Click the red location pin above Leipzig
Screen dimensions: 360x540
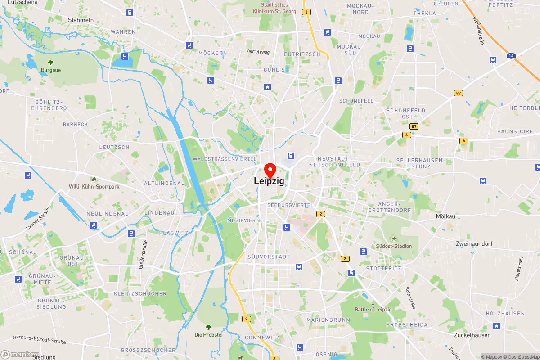coord(270,171)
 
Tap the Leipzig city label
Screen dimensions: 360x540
coord(269,181)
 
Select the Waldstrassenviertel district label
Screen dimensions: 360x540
coord(225,159)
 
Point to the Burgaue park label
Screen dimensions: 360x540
coord(51,70)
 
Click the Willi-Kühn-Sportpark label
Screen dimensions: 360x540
coord(94,186)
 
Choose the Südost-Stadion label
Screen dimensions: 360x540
coord(394,246)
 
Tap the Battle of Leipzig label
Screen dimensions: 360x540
coord(373,309)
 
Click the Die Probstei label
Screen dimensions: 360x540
coord(208,334)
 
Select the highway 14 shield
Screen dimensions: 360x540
coord(511,55)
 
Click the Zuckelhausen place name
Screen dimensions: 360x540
coord(472,335)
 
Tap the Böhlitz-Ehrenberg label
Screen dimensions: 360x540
coord(51,105)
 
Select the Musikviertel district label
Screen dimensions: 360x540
coord(246,220)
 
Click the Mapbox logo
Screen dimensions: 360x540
coord(19,354)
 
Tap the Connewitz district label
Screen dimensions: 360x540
coord(262,337)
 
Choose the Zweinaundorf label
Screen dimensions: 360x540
coord(474,243)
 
